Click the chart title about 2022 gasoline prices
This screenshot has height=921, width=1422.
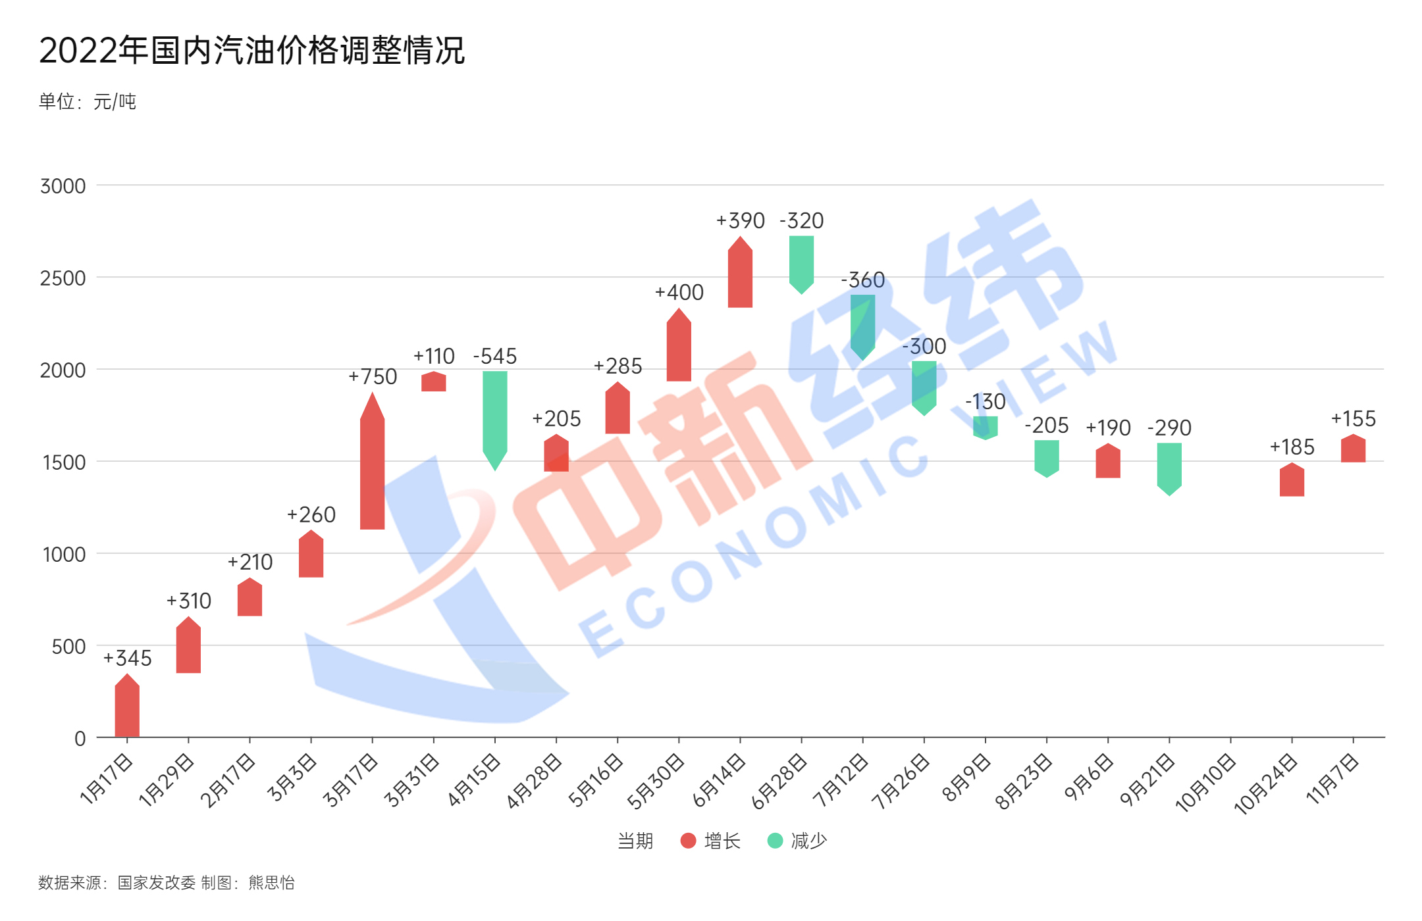click(x=251, y=50)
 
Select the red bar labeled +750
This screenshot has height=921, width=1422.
click(x=372, y=467)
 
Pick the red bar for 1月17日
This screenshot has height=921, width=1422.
click(x=127, y=707)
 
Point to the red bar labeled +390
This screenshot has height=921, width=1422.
click(x=740, y=275)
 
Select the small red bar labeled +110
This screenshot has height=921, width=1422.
click(x=434, y=382)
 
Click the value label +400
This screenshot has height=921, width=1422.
click(x=679, y=292)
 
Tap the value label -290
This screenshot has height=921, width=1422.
click(x=1169, y=428)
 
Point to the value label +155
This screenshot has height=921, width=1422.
click(x=1353, y=418)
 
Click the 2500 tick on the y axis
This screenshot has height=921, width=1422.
click(x=63, y=278)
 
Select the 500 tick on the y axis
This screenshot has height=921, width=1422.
click(x=68, y=647)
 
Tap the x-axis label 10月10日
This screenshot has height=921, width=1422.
click(x=1206, y=783)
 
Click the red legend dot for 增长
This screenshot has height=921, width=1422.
click(x=688, y=841)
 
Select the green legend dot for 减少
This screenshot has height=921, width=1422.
click(x=775, y=841)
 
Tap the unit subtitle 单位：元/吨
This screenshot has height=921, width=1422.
click(x=87, y=101)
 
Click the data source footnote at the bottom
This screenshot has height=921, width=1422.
click(x=166, y=882)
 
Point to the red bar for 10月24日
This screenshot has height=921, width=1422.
click(x=1292, y=481)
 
